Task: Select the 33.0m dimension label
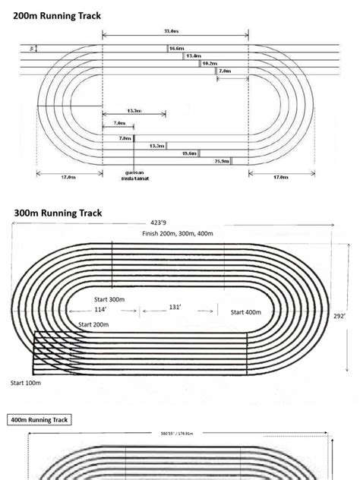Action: pyautogui.click(x=172, y=31)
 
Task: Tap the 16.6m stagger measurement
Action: pyautogui.click(x=176, y=48)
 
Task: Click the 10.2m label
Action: pyautogui.click(x=210, y=64)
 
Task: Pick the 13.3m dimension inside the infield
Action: pyautogui.click(x=134, y=112)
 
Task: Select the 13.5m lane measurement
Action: pyautogui.click(x=156, y=145)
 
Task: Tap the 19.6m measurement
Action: pyautogui.click(x=189, y=153)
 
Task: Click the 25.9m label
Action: pyautogui.click(x=223, y=161)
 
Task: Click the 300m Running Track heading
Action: pyautogui.click(x=58, y=213)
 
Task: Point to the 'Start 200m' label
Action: pyautogui.click(x=93, y=324)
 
